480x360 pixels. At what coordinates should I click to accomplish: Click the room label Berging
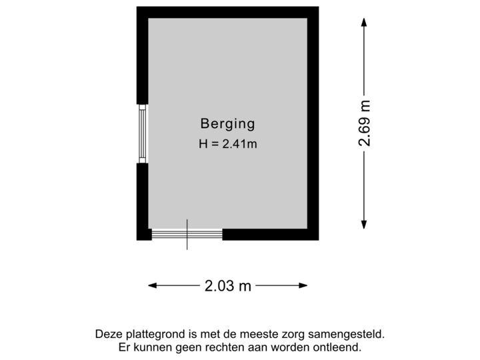click(x=227, y=123)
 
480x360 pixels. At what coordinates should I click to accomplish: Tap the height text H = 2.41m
click(x=227, y=144)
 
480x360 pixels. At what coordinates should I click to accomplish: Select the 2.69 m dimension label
click(x=364, y=123)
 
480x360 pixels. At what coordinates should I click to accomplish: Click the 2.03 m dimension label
click(x=227, y=286)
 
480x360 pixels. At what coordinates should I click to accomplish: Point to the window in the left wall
click(x=142, y=133)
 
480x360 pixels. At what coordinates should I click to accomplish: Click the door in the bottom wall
click(x=187, y=234)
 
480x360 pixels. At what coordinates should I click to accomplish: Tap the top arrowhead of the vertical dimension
click(x=364, y=22)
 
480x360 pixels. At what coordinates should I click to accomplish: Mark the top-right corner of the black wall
click(x=317, y=8)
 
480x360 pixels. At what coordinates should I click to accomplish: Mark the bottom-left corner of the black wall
click(x=138, y=239)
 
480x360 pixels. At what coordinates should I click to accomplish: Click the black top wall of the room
click(x=227, y=12)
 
